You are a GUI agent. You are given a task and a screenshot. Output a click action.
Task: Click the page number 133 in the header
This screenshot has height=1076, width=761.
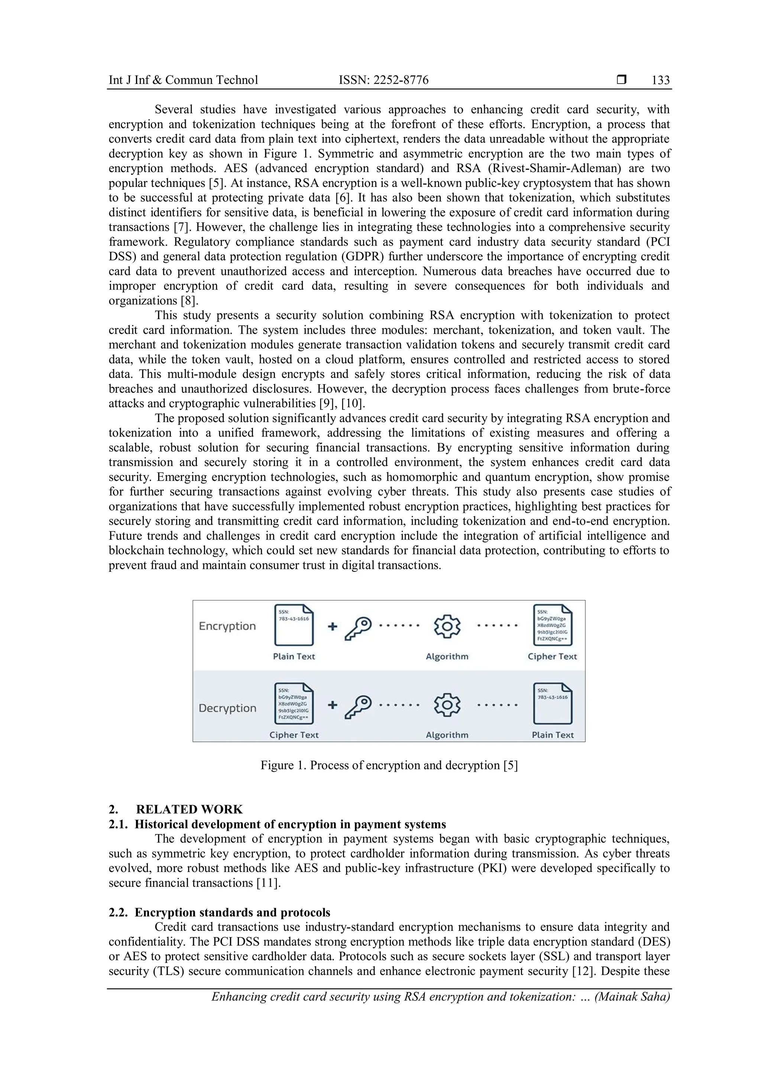[660, 80]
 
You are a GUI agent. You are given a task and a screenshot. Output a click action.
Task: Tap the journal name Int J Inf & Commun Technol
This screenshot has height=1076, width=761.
[183, 80]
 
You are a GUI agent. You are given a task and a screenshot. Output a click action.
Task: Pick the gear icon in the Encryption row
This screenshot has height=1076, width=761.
[447, 626]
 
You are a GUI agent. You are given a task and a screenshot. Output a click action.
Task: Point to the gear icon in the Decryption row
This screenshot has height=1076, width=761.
[447, 705]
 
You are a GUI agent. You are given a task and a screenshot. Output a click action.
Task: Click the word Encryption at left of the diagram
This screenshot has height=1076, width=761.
[227, 626]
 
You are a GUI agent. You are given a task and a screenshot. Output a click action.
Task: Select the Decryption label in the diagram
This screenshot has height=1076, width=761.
[227, 708]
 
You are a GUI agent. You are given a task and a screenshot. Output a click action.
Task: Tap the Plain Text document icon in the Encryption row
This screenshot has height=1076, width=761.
[294, 625]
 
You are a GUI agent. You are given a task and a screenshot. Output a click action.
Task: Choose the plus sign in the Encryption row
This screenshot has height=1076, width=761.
[332, 626]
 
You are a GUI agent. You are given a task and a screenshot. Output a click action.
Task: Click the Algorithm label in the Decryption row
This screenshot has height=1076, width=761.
[447, 735]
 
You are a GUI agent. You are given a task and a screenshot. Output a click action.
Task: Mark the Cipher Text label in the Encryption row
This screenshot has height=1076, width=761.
[552, 657]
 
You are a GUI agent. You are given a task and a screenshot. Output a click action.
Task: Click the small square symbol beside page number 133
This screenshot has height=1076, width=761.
[621, 80]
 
